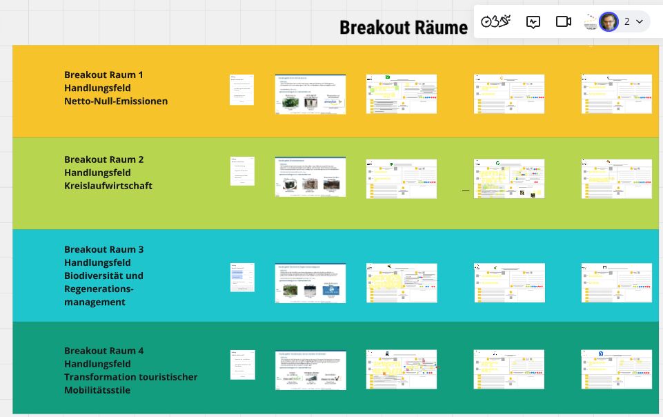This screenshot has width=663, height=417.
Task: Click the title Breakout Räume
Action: click(404, 28)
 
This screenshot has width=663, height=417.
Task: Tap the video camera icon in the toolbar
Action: click(564, 21)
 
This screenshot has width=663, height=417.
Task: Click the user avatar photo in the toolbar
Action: click(608, 21)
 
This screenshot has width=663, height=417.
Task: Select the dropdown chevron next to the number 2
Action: click(640, 21)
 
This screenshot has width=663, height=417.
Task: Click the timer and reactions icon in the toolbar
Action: click(496, 21)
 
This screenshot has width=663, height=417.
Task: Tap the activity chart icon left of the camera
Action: click(533, 21)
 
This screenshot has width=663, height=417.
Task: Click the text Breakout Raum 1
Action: click(103, 75)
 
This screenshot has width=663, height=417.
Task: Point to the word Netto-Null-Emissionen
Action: click(116, 101)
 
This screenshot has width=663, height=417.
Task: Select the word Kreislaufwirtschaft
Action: click(108, 186)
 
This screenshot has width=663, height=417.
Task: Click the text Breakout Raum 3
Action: click(103, 249)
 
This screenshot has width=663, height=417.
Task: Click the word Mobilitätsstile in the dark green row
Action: click(97, 390)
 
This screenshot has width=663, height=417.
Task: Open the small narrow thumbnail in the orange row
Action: click(241, 90)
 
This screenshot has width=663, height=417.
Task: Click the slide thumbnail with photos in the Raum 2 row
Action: click(310, 177)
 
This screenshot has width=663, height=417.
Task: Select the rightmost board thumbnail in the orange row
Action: click(617, 94)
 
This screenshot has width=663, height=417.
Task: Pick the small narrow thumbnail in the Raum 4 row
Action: click(242, 365)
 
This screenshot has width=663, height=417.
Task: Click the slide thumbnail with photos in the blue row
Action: click(310, 283)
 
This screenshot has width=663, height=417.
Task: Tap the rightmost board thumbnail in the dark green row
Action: click(617, 369)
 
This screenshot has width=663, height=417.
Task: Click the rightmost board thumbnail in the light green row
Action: click(617, 179)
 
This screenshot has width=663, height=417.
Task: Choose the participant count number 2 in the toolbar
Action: click(627, 21)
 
